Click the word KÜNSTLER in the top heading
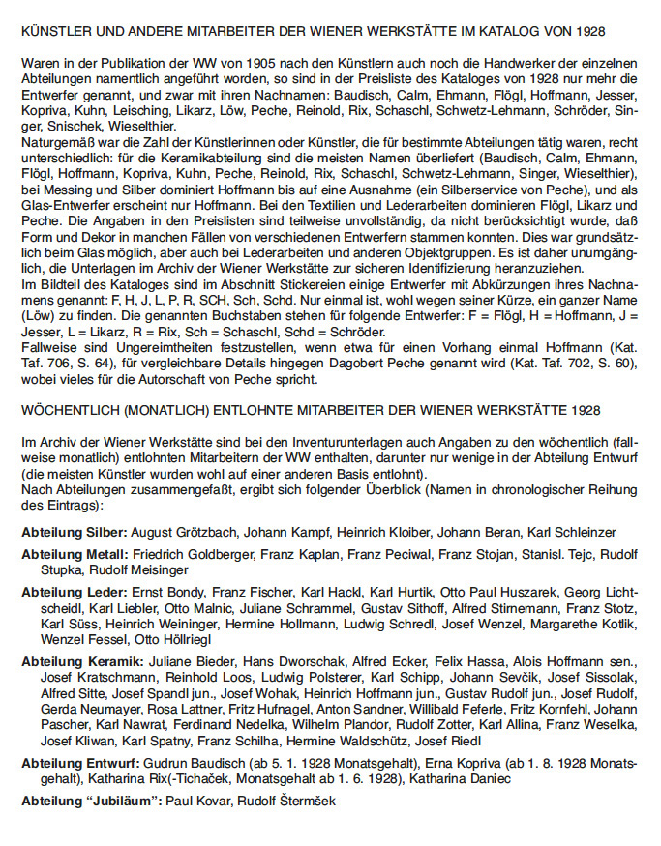click(55, 32)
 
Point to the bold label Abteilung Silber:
click(74, 532)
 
